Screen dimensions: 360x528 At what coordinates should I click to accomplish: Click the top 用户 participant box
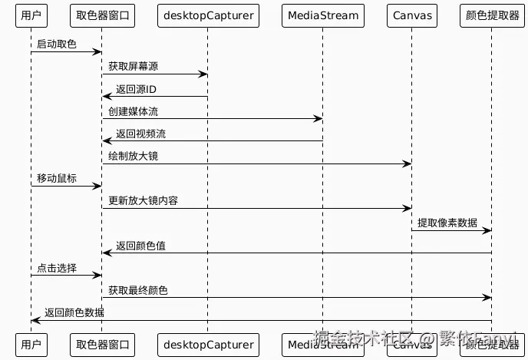pyautogui.click(x=31, y=15)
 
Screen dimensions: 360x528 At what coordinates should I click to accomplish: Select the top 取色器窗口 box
pyautogui.click(x=102, y=15)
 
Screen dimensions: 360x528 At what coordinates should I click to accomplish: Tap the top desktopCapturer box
pyautogui.click(x=207, y=15)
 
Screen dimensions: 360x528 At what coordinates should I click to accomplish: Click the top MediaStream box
pyautogui.click(x=322, y=15)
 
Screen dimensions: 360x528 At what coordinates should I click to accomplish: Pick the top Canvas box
pyautogui.click(x=412, y=15)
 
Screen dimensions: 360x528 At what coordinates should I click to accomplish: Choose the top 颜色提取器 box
pyautogui.click(x=492, y=15)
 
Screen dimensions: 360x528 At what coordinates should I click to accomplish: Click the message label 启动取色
pyautogui.click(x=57, y=45)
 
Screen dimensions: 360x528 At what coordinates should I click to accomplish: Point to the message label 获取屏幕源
pyautogui.click(x=134, y=67)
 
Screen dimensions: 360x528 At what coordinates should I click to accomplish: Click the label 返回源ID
pyautogui.click(x=136, y=89)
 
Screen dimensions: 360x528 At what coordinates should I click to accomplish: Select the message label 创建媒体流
pyautogui.click(x=134, y=111)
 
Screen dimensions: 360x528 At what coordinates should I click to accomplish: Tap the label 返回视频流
pyautogui.click(x=140, y=134)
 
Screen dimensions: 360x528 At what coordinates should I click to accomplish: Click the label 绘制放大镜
pyautogui.click(x=134, y=156)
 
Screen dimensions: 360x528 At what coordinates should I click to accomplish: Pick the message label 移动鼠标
pyautogui.click(x=57, y=178)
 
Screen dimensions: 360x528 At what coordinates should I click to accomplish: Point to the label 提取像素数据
pyautogui.click(x=447, y=223)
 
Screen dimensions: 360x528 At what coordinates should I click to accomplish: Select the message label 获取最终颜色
pyautogui.click(x=138, y=290)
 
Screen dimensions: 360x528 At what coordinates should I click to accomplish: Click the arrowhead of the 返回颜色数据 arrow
pyautogui.click(x=35, y=320)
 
